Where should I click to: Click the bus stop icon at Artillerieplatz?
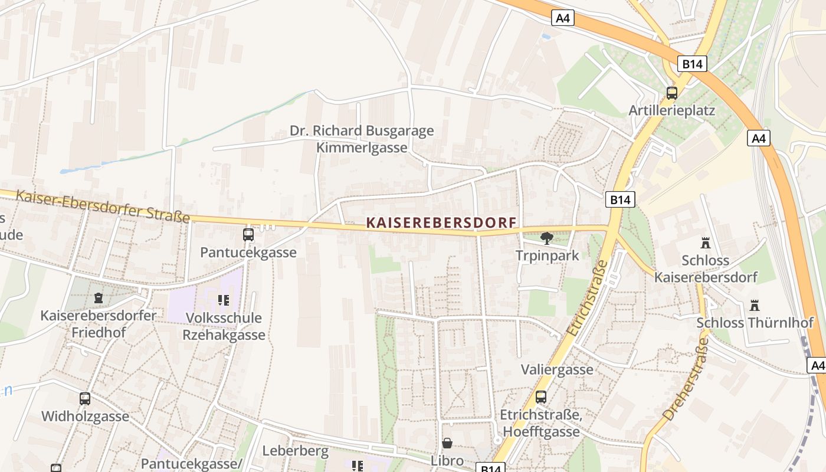pos(671,93)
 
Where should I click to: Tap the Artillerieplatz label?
pos(671,110)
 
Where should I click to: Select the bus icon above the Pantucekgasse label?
pos(248,235)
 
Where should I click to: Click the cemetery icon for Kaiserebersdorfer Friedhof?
pos(99,298)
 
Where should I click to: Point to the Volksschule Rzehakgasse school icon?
pos(223,300)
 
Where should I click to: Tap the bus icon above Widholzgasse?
pos(85,399)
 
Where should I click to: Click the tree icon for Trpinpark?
pos(547,238)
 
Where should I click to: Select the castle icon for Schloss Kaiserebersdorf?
pos(705,242)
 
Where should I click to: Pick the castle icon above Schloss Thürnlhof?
pos(754,305)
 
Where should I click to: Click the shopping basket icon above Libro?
pos(447,443)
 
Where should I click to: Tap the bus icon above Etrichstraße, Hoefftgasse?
pos(540,397)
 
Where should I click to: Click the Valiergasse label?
pos(557,370)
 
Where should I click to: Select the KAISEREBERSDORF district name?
pos(441,222)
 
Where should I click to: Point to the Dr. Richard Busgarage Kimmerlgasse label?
pos(362,139)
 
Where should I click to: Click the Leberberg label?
pos(295,451)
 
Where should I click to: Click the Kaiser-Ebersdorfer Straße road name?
pos(103,206)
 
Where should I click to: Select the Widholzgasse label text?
pos(85,417)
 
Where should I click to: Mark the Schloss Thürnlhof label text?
pos(755,323)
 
